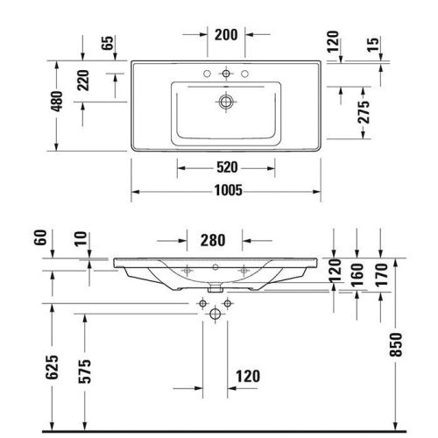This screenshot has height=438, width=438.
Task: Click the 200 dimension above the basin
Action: pyautogui.click(x=226, y=35)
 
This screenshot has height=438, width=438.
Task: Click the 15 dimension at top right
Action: pyautogui.click(x=375, y=44)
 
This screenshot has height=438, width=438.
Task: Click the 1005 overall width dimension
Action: pyautogui.click(x=225, y=190)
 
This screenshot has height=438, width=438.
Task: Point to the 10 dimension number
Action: pyautogui.click(x=81, y=239)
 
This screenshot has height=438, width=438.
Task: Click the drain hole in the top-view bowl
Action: pyautogui.click(x=226, y=102)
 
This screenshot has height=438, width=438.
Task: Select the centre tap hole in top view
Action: pyautogui.click(x=226, y=73)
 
